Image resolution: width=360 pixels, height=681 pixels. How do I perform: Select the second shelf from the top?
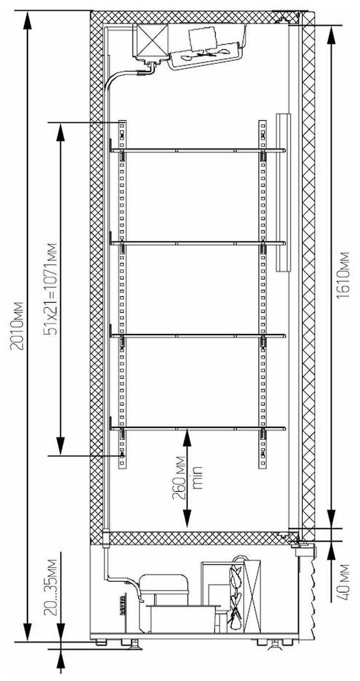197,242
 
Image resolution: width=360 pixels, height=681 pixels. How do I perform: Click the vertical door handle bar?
284,192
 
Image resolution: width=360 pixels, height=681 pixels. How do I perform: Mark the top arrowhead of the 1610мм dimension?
331,32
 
